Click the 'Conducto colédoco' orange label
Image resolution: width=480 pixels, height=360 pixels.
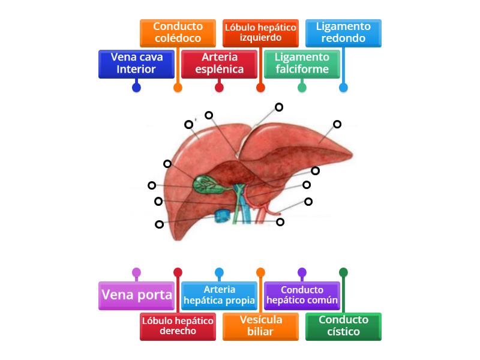[178, 32]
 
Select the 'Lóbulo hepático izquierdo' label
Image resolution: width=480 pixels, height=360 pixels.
[260, 32]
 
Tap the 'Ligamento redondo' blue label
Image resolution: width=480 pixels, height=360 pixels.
[343, 32]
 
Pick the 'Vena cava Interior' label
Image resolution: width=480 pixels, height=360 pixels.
[136, 64]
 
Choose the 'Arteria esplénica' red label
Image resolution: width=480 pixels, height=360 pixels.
[219, 64]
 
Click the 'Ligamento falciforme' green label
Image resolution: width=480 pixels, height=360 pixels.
[302, 64]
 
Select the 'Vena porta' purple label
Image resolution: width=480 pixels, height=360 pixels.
[136, 295]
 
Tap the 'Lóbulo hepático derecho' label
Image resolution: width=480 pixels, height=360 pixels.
[178, 326]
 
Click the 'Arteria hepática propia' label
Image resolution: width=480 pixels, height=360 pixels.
[219, 295]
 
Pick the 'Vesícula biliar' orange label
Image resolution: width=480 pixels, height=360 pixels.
[260, 326]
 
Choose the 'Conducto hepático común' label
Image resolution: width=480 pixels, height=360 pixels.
[302, 295]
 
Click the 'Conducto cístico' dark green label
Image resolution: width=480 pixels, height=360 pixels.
[343, 326]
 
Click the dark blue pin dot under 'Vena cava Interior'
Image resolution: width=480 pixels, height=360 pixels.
[136, 88]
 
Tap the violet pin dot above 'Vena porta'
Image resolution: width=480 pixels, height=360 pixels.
[136, 272]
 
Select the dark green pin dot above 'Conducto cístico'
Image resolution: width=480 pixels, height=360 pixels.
[343, 272]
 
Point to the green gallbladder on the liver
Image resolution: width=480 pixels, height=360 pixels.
[203, 183]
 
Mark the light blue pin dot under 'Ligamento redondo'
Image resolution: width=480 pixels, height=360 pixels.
[343, 88]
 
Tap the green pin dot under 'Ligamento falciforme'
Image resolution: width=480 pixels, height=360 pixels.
[302, 88]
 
